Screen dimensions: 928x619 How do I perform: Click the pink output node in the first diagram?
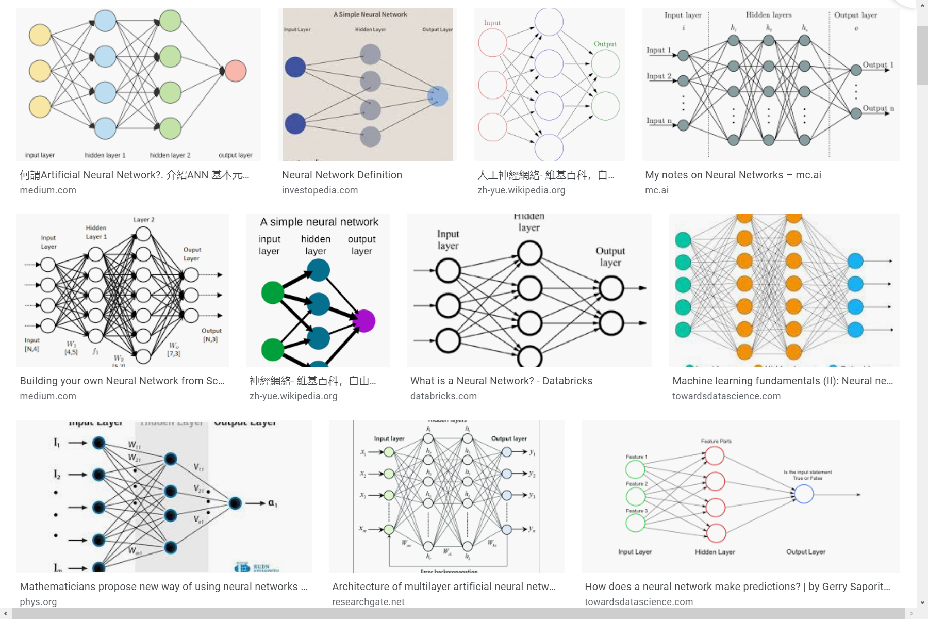[x=236, y=71]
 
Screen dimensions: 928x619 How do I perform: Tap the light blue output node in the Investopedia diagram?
[x=438, y=96]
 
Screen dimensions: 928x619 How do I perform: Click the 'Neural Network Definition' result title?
[x=342, y=175]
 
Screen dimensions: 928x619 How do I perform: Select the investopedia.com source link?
[x=320, y=190]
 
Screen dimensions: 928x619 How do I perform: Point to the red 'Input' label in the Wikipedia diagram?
[x=492, y=23]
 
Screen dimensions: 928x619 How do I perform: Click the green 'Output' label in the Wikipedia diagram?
[x=605, y=44]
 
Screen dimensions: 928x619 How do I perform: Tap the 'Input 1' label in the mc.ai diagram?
[x=658, y=50]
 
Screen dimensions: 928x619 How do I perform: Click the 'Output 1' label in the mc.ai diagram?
[x=877, y=65]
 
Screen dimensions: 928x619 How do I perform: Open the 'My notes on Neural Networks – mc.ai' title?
[x=733, y=175]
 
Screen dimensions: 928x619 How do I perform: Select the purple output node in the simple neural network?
[x=364, y=321]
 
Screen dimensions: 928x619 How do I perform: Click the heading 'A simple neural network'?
[x=319, y=222]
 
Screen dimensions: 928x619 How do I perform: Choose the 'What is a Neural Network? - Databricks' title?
[x=501, y=381]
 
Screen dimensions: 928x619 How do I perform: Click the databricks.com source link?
[x=443, y=396]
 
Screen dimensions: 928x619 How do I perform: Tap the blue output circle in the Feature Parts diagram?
[x=804, y=494]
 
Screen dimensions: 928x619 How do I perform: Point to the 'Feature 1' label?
[x=636, y=457]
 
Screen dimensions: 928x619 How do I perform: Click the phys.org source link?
[x=38, y=602]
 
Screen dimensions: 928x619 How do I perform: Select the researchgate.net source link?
[x=368, y=602]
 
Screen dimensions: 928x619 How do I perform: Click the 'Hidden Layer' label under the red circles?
[x=715, y=552]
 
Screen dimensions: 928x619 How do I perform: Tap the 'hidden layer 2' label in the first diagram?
[x=170, y=155]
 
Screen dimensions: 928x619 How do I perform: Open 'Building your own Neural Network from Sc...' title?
[x=122, y=381]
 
